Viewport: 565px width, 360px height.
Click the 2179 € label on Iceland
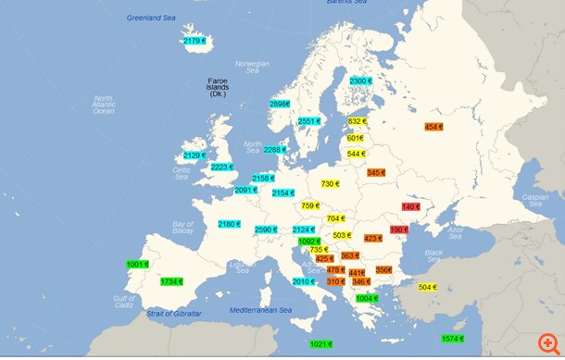(195, 41)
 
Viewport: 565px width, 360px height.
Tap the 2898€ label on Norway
(279, 105)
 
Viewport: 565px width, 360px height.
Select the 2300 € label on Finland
(360, 81)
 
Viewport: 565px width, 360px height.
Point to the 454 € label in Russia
(433, 127)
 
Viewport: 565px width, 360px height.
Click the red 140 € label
(411, 206)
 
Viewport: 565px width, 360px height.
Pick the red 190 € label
(398, 230)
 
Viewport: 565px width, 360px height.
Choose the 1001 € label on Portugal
(137, 265)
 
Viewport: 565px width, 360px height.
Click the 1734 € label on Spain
(171, 281)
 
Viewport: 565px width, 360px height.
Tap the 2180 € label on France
(229, 224)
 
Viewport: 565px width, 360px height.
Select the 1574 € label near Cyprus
(452, 339)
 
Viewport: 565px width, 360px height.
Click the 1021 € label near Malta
(320, 344)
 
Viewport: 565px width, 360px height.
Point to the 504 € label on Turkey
(428, 287)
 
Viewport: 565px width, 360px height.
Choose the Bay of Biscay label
(183, 227)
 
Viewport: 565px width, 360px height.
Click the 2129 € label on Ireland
(195, 155)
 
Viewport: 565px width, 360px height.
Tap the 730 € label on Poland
(332, 184)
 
